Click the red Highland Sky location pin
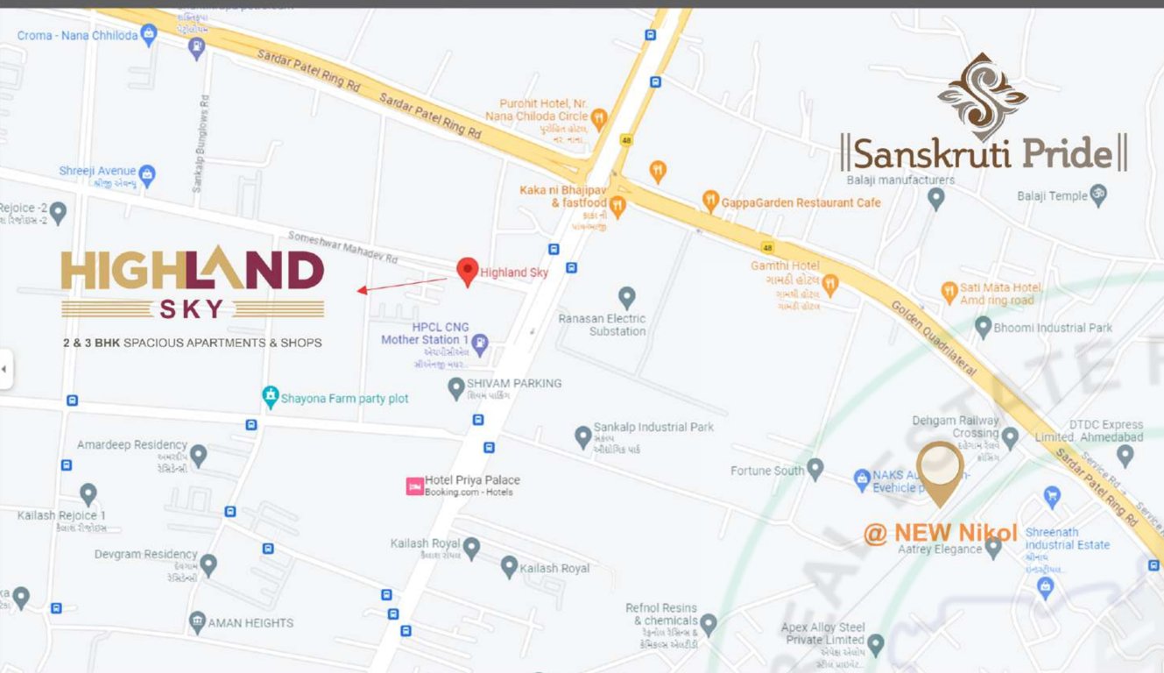pos(468,271)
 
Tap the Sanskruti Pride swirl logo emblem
pos(982,96)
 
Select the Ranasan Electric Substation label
pos(603,325)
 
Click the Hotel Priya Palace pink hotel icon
pos(414,485)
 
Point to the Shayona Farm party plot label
pos(344,399)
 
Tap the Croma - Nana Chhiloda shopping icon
pos(149,35)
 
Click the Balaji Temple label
pos(1051,196)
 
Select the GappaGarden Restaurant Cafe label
pos(801,202)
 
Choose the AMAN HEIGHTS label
pos(250,623)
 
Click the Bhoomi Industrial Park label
pos(1053,328)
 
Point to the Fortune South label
pos(767,471)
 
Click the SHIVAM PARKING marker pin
pos(455,387)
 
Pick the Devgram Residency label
pos(146,554)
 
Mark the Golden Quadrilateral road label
pos(934,338)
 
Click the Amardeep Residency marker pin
pos(199,455)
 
